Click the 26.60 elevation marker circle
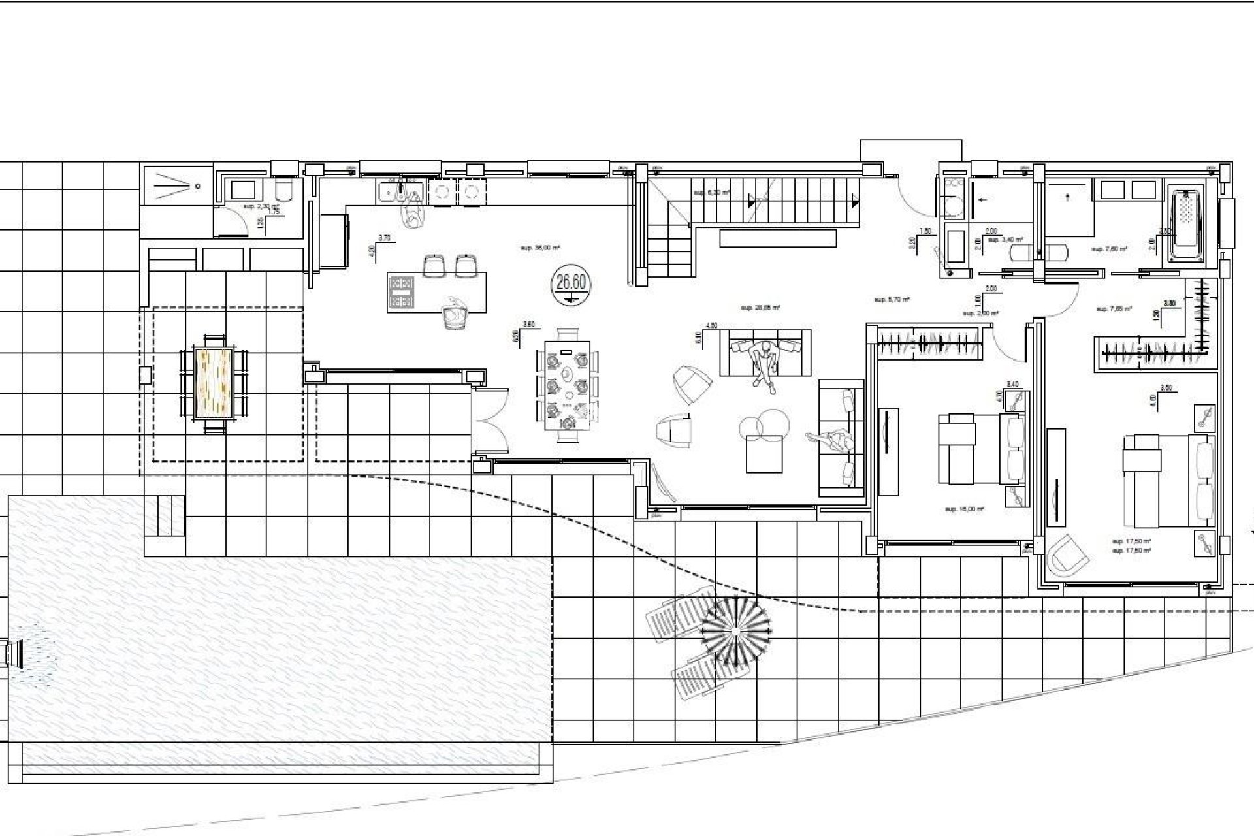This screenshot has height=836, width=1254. (x=570, y=287)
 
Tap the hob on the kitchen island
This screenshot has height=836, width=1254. (x=402, y=292)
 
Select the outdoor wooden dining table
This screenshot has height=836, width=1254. (x=214, y=383)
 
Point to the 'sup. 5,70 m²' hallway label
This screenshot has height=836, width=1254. (x=892, y=300)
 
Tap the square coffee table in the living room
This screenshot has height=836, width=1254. (x=764, y=453)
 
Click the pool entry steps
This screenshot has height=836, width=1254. (x=164, y=516)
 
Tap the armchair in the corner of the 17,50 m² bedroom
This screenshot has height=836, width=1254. (x=1067, y=556)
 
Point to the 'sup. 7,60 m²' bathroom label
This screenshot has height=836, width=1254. (x=1109, y=249)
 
